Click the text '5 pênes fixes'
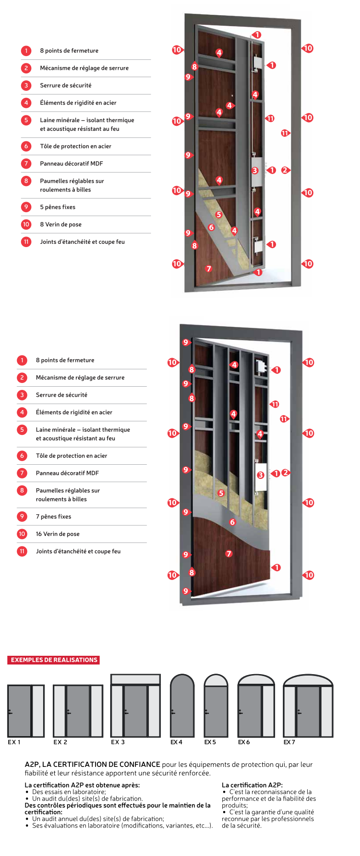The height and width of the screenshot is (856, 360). (57, 207)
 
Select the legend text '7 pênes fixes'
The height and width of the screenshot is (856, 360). (53, 517)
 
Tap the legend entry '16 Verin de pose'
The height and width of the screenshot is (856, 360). (57, 534)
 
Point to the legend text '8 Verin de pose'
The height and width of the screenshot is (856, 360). (61, 225)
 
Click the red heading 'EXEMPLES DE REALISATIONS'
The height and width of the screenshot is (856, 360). (54, 660)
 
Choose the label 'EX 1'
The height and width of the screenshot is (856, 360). (14, 742)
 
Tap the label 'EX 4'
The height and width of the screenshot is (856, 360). (176, 742)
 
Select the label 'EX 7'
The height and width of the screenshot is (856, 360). (289, 742)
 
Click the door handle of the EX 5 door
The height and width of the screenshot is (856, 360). (207, 713)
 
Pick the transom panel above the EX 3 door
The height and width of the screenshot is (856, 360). (135, 679)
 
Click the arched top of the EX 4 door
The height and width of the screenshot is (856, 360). (182, 682)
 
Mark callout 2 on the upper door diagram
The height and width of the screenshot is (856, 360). (285, 170)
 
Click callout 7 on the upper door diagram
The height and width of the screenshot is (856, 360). (209, 269)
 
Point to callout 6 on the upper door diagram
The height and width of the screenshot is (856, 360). (211, 227)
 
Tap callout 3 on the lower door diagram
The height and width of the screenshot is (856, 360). (260, 475)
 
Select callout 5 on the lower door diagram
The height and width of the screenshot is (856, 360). (221, 493)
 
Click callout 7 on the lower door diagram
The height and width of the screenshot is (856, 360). (229, 554)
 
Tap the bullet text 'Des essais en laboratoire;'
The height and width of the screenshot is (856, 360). (69, 792)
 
